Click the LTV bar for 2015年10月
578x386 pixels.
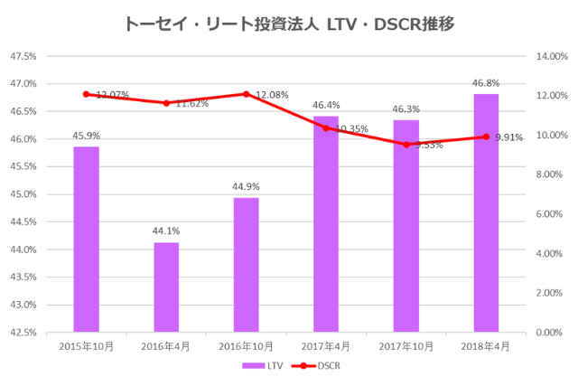click(86, 239)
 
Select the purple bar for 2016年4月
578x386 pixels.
click(166, 287)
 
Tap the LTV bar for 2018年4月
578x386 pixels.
click(486, 212)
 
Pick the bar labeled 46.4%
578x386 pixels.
click(326, 223)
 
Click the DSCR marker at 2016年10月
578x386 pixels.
click(247, 94)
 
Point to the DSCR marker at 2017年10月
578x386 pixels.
click(406, 145)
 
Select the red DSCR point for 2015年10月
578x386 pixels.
click(86, 94)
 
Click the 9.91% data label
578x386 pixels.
click(509, 137)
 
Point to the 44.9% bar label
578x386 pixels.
click(246, 187)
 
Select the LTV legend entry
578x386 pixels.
click(263, 366)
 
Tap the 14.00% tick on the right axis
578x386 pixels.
click(551, 56)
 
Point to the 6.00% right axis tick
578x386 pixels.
click(551, 214)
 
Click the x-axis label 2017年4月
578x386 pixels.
click(326, 346)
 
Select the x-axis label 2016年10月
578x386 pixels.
click(246, 346)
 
